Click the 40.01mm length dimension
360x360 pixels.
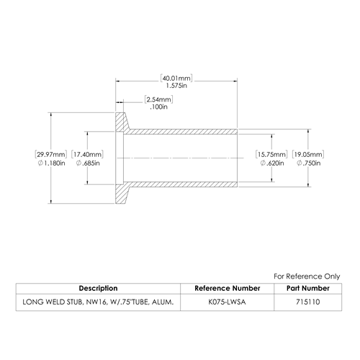point(176,78)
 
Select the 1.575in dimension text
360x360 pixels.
point(176,86)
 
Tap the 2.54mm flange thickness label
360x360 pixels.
point(158,99)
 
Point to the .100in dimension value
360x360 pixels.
point(158,107)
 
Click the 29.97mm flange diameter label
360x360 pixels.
point(51,154)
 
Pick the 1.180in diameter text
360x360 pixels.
point(52,163)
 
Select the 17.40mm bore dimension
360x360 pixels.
point(87,154)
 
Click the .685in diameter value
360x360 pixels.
point(88,163)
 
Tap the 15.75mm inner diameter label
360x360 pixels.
point(271,154)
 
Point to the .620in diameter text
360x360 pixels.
point(272,163)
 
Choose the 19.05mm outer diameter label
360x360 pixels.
point(308,154)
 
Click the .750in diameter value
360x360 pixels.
point(309,163)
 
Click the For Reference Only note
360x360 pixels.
point(307,276)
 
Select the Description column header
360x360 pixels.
point(98,288)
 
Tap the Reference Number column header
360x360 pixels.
point(228,288)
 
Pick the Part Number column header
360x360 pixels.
point(308,288)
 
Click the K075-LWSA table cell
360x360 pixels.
point(227,302)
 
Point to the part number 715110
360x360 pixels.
point(308,302)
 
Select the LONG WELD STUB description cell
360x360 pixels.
point(98,302)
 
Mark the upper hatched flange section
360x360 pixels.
point(121,122)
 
